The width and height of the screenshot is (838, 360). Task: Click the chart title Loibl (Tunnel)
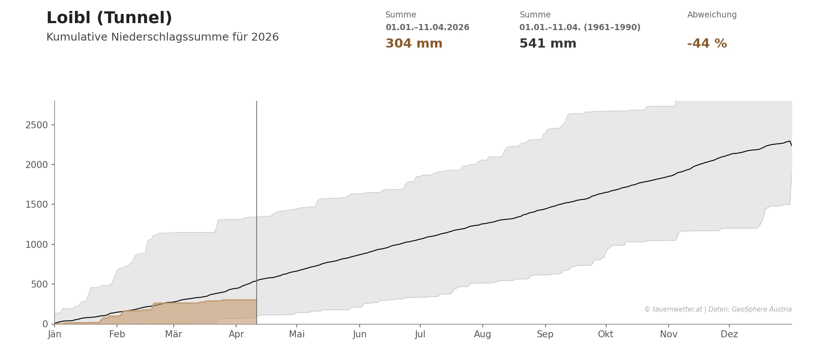pyautogui.click(x=109, y=18)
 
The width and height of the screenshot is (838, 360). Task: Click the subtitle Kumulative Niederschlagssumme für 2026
pyautogui.click(x=162, y=37)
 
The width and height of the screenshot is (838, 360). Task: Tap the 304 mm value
pyautogui.click(x=414, y=44)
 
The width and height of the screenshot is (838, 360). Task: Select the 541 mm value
pyautogui.click(x=548, y=44)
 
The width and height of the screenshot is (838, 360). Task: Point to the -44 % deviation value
pyautogui.click(x=707, y=44)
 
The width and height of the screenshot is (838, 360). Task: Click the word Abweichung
pyautogui.click(x=712, y=15)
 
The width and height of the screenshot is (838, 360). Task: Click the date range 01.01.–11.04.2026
pyautogui.click(x=427, y=27)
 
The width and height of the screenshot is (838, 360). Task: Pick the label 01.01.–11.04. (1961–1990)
pyautogui.click(x=580, y=27)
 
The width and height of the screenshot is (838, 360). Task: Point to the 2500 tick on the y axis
pyautogui.click(x=37, y=125)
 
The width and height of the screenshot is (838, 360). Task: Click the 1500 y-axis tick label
pyautogui.click(x=37, y=205)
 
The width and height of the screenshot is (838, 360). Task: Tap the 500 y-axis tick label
pyautogui.click(x=39, y=285)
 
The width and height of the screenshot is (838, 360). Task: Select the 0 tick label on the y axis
pyautogui.click(x=45, y=324)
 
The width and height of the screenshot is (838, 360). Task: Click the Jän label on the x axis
pyautogui.click(x=55, y=334)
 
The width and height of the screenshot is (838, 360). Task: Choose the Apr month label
pyautogui.click(x=236, y=334)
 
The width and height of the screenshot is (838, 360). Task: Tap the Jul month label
pyautogui.click(x=420, y=334)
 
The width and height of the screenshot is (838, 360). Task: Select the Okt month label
pyautogui.click(x=605, y=334)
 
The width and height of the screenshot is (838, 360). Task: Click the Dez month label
pyautogui.click(x=729, y=334)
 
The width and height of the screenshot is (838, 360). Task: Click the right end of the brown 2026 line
pyautogui.click(x=256, y=300)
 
